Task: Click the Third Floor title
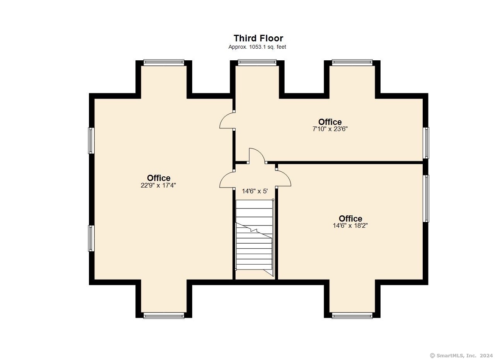pyautogui.click(x=258, y=38)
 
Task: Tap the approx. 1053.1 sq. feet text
pyautogui.click(x=257, y=47)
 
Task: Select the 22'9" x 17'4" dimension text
pyautogui.click(x=158, y=185)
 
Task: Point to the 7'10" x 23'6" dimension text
pyautogui.click(x=330, y=129)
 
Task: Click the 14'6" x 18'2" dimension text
pyautogui.click(x=350, y=226)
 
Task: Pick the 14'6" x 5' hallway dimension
pyautogui.click(x=255, y=191)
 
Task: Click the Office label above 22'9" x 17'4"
pyautogui.click(x=159, y=178)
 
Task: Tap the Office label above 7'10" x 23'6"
pyautogui.click(x=330, y=122)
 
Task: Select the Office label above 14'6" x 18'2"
pyautogui.click(x=350, y=218)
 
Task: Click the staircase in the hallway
pyautogui.click(x=255, y=237)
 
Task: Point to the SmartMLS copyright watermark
pyautogui.click(x=461, y=356)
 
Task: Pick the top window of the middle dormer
pyautogui.click(x=257, y=63)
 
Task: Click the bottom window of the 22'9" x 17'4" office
pyautogui.click(x=164, y=316)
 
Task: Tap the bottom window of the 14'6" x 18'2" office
pyautogui.click(x=352, y=316)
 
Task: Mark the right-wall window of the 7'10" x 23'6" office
pyautogui.click(x=426, y=143)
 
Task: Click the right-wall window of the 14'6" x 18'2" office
pyautogui.click(x=426, y=198)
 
